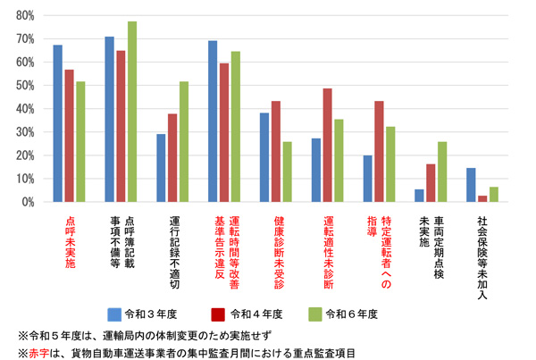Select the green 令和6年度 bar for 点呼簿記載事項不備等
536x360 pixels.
pos(132,112)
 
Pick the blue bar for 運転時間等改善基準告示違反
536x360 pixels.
pos(213,121)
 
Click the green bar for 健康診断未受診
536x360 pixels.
pos(287,172)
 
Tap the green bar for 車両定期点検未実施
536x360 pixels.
pos(442,172)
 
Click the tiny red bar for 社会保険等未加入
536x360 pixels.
pos(483,198)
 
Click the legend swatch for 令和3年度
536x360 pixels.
pos(114,314)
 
